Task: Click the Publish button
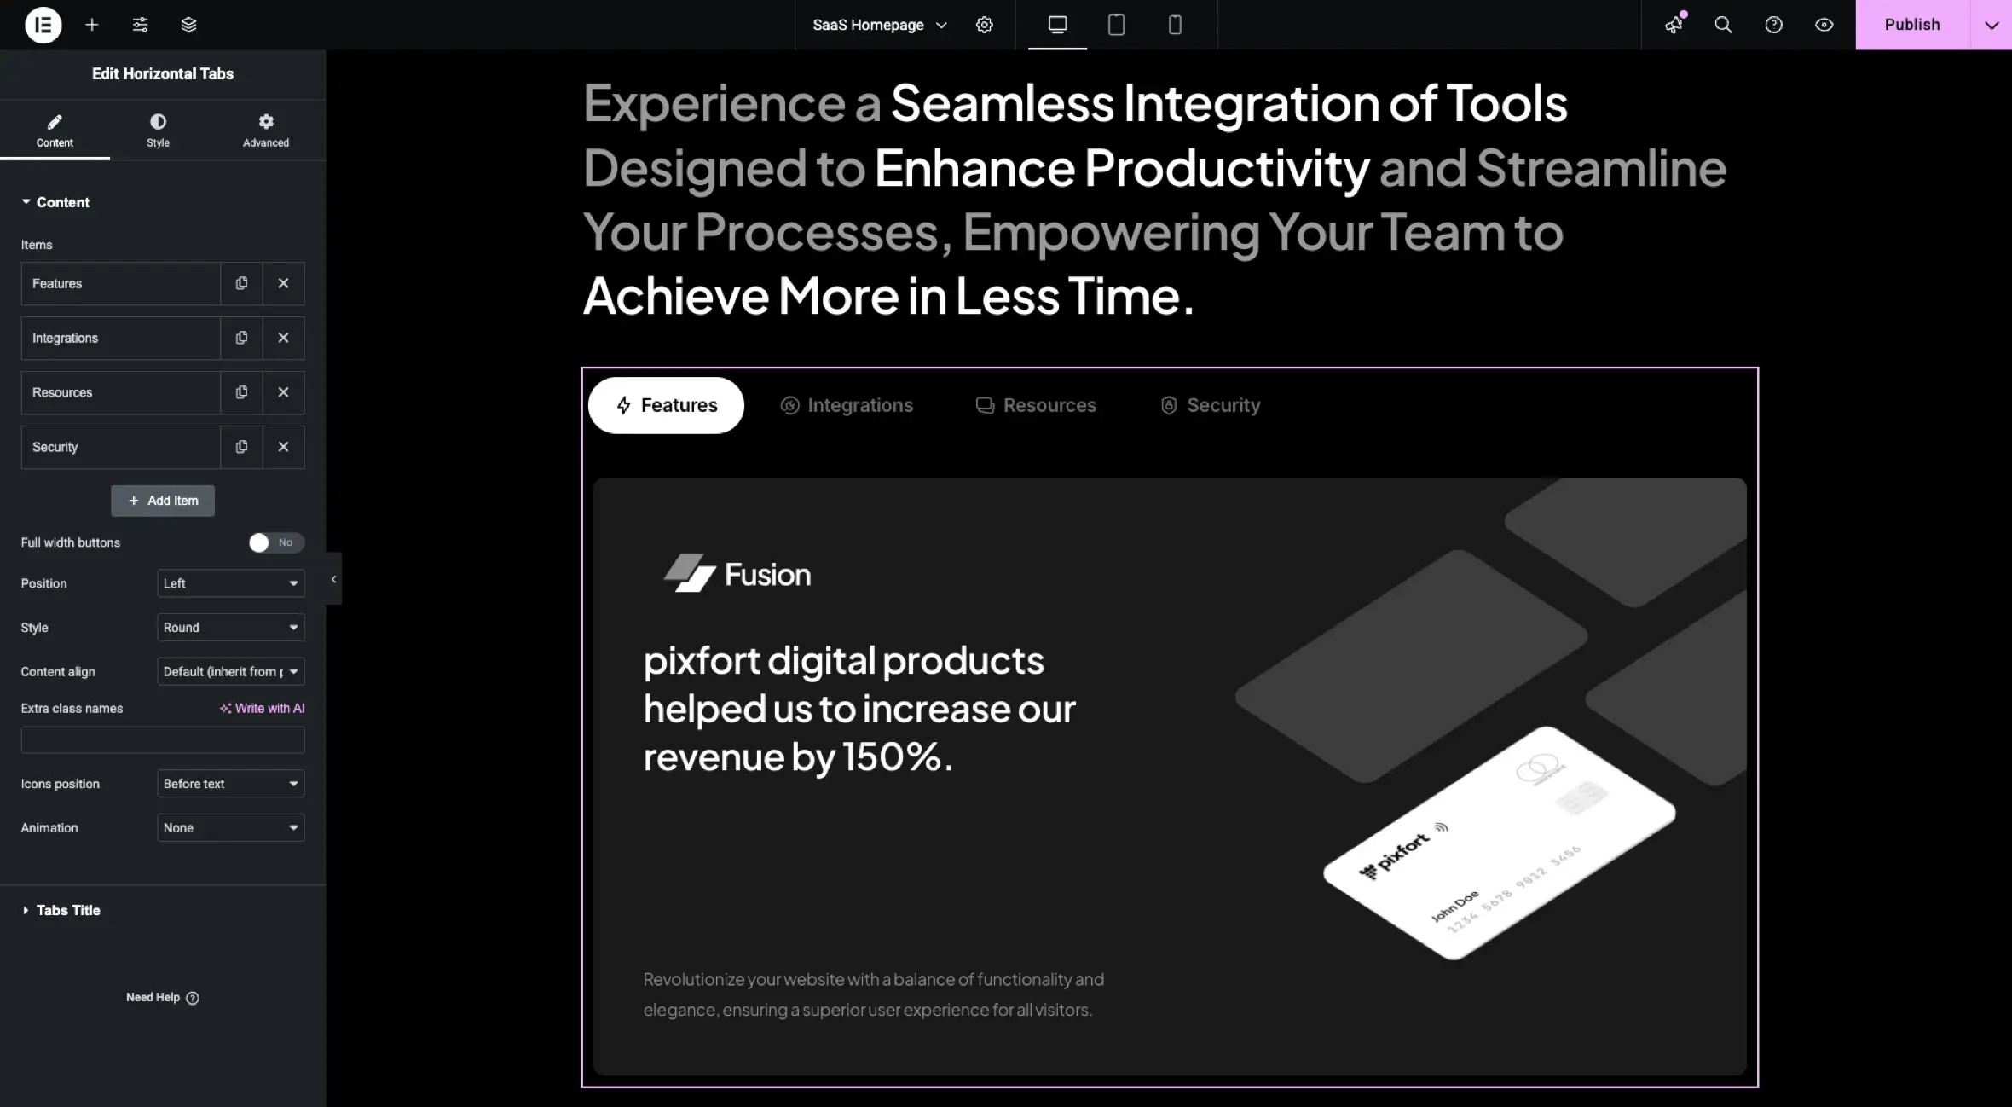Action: [x=1912, y=25]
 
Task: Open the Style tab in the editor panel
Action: [x=158, y=130]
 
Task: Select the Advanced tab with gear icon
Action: [x=265, y=130]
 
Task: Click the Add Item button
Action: [x=163, y=501]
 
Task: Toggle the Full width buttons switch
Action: [x=275, y=542]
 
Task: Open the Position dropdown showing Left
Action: [x=231, y=583]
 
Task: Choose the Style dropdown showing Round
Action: [x=231, y=628]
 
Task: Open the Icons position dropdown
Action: [x=231, y=784]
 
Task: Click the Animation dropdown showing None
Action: [x=231, y=828]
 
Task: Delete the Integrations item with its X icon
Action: [x=284, y=338]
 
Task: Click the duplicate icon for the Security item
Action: [x=242, y=447]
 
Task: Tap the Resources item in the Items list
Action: [x=120, y=392]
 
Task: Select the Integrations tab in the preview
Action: [x=847, y=405]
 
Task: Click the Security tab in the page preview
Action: [x=1211, y=405]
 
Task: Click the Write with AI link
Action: [x=262, y=709]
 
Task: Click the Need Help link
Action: [x=162, y=998]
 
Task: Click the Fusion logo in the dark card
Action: [x=737, y=574]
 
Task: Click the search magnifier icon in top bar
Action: [x=1723, y=25]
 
